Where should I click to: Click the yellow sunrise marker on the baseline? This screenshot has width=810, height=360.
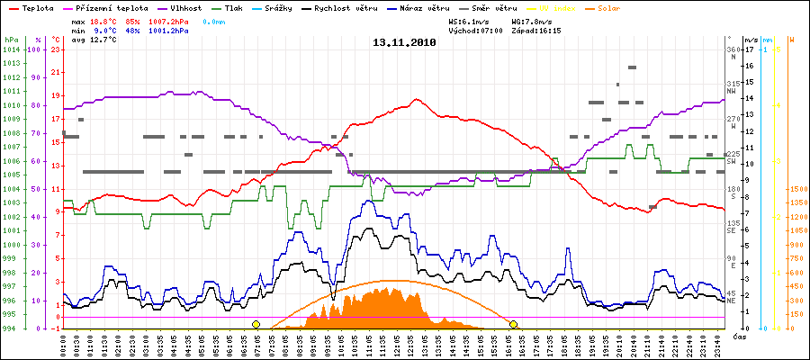(256, 324)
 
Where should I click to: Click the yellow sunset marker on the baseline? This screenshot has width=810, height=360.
(514, 324)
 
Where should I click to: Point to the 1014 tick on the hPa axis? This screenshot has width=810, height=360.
(10, 49)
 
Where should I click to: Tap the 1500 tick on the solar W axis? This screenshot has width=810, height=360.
(796, 189)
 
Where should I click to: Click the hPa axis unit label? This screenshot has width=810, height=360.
(10, 40)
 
